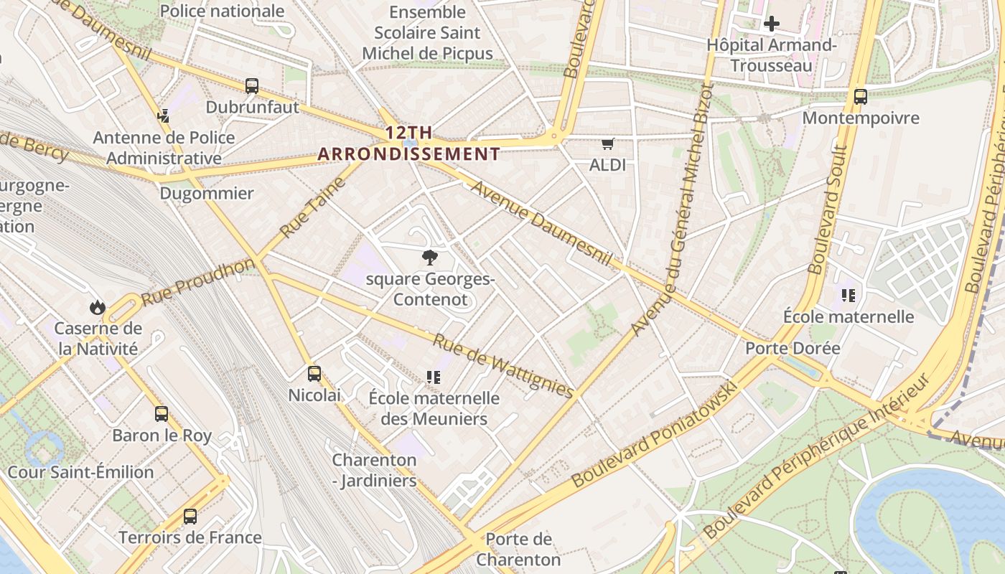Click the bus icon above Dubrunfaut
252,86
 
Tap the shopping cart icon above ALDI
608,144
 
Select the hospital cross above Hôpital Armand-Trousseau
772,24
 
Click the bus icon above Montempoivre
860,96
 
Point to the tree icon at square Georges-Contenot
430,257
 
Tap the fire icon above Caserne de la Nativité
98,307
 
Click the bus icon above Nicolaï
314,374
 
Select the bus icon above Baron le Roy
162,414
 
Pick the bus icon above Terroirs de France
190,517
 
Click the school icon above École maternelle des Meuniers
433,377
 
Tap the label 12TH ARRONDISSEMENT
408,143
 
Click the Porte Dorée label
793,349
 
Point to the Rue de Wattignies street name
502,365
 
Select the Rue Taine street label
314,207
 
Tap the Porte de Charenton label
518,549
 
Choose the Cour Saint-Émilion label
80,472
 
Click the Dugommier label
207,194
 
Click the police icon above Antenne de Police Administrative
164,116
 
